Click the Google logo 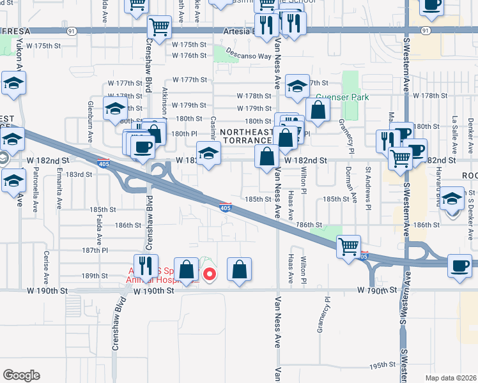(x=21, y=375)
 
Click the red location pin (x=208, y=274)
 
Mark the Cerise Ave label (x=46, y=271)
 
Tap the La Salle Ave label (x=454, y=131)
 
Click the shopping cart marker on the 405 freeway (x=348, y=246)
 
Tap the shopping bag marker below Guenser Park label (x=318, y=109)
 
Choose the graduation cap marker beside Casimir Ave (x=208, y=154)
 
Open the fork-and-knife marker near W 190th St (x=146, y=266)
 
